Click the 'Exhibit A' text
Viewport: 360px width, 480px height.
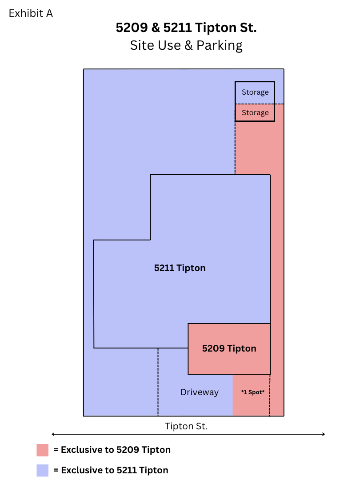click(31, 13)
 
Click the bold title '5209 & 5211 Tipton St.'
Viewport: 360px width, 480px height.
click(186, 28)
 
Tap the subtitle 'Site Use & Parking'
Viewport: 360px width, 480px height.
click(186, 45)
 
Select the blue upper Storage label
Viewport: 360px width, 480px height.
click(255, 92)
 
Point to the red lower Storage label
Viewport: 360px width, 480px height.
click(255, 112)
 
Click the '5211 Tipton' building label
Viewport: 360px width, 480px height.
click(180, 268)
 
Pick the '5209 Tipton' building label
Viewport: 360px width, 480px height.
click(229, 348)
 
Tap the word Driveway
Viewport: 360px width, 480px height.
click(200, 392)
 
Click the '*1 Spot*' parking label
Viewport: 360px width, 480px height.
click(253, 392)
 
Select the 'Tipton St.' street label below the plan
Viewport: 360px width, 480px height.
click(186, 426)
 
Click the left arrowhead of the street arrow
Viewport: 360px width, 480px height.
click(52, 434)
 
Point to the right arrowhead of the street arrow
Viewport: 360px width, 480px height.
click(324, 434)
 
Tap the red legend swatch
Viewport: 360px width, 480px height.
click(43, 450)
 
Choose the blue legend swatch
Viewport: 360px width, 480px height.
click(43, 471)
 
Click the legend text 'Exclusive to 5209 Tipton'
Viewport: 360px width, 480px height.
click(116, 450)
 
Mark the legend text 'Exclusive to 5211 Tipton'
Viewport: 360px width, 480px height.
click(115, 470)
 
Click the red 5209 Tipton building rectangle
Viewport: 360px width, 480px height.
click(229, 349)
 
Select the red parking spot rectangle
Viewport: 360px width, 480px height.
click(251, 395)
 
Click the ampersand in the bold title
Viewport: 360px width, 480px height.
click(156, 28)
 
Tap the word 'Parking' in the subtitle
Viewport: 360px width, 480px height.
click(220, 46)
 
